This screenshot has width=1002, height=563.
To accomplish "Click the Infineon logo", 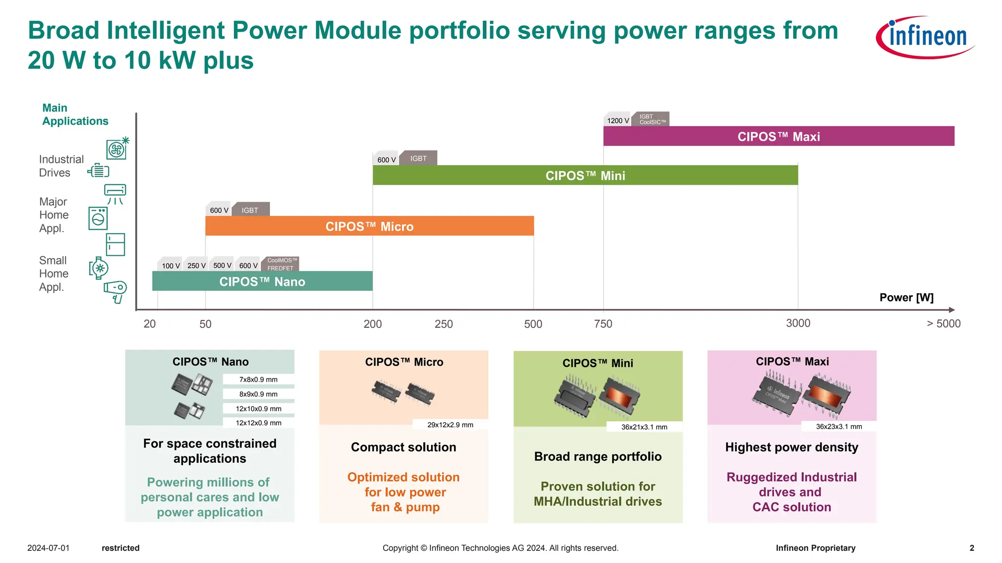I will (x=925, y=37).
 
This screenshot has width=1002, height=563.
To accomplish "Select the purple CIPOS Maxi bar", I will (x=778, y=136).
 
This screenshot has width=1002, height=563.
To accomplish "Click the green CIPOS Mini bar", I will (x=585, y=175).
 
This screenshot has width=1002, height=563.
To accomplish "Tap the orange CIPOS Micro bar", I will (x=369, y=226).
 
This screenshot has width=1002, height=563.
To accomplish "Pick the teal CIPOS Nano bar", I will (x=262, y=281).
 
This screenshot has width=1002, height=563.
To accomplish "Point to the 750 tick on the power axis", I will (x=603, y=324).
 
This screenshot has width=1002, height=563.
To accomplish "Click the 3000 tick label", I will (x=798, y=323).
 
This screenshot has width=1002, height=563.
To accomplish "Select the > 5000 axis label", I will (x=943, y=324).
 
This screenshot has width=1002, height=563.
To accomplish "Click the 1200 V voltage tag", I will (x=617, y=120).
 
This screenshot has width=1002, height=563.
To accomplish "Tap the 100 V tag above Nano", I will (x=170, y=265).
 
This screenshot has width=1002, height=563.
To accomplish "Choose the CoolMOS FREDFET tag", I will (x=281, y=264).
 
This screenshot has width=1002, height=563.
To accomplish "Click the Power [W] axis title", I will (x=906, y=298).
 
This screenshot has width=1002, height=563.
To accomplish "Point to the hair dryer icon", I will (x=115, y=291).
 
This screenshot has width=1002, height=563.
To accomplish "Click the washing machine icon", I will (x=98, y=218).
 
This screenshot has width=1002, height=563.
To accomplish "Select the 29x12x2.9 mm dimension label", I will (x=450, y=425).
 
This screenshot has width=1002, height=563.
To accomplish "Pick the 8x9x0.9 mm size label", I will (x=258, y=394).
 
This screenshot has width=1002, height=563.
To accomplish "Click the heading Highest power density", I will (x=791, y=447).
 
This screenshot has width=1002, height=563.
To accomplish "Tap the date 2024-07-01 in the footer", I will (x=48, y=548).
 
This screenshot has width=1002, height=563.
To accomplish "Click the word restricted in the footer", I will (x=120, y=548).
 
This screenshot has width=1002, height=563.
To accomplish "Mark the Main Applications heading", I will (x=75, y=114).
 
